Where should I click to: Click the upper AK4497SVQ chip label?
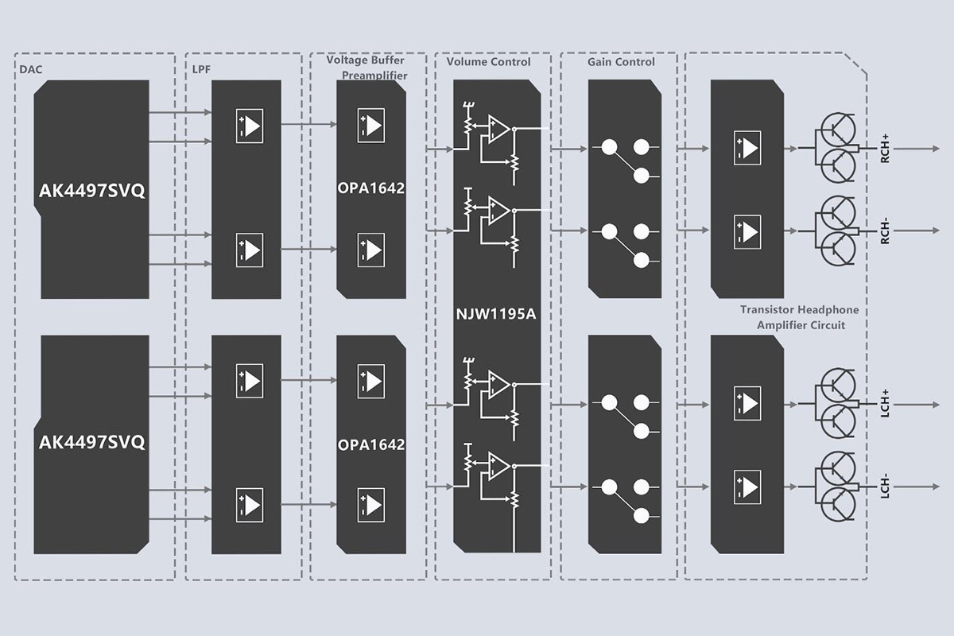tap(92, 192)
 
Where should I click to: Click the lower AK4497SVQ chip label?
tap(92, 442)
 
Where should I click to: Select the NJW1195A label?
tap(497, 314)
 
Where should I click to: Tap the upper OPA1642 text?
tap(371, 189)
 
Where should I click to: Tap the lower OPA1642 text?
tap(371, 444)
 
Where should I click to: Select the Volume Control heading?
tap(488, 62)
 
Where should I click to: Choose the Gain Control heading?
tap(621, 62)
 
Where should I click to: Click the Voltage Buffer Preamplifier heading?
tap(367, 68)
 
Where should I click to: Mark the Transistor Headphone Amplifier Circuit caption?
tap(800, 317)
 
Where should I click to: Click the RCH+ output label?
tap(885, 149)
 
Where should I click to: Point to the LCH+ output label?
tap(885, 404)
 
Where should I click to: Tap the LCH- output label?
tap(885, 486)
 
